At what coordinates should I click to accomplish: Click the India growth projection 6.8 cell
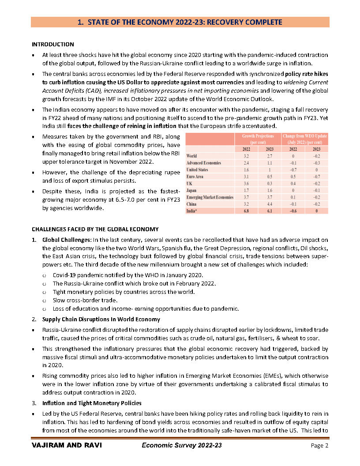246,211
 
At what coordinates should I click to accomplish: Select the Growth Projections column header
258,139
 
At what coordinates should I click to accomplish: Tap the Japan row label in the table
192,190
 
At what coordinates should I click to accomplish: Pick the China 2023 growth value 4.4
270,204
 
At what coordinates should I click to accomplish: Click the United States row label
197,169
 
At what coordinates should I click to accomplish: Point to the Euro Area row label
195,177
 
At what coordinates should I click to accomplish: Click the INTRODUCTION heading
53,45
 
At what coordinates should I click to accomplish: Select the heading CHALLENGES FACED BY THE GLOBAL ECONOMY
95,229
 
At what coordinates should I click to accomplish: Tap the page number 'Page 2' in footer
320,446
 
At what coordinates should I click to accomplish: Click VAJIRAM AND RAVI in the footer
67,446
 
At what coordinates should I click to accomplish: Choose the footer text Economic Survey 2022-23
182,446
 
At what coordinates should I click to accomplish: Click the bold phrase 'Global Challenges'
67,240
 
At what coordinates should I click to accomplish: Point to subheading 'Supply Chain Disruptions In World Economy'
101,319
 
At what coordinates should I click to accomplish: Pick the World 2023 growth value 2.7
270,156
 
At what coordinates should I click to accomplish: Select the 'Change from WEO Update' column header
305,139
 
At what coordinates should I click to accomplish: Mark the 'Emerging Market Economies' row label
210,197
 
